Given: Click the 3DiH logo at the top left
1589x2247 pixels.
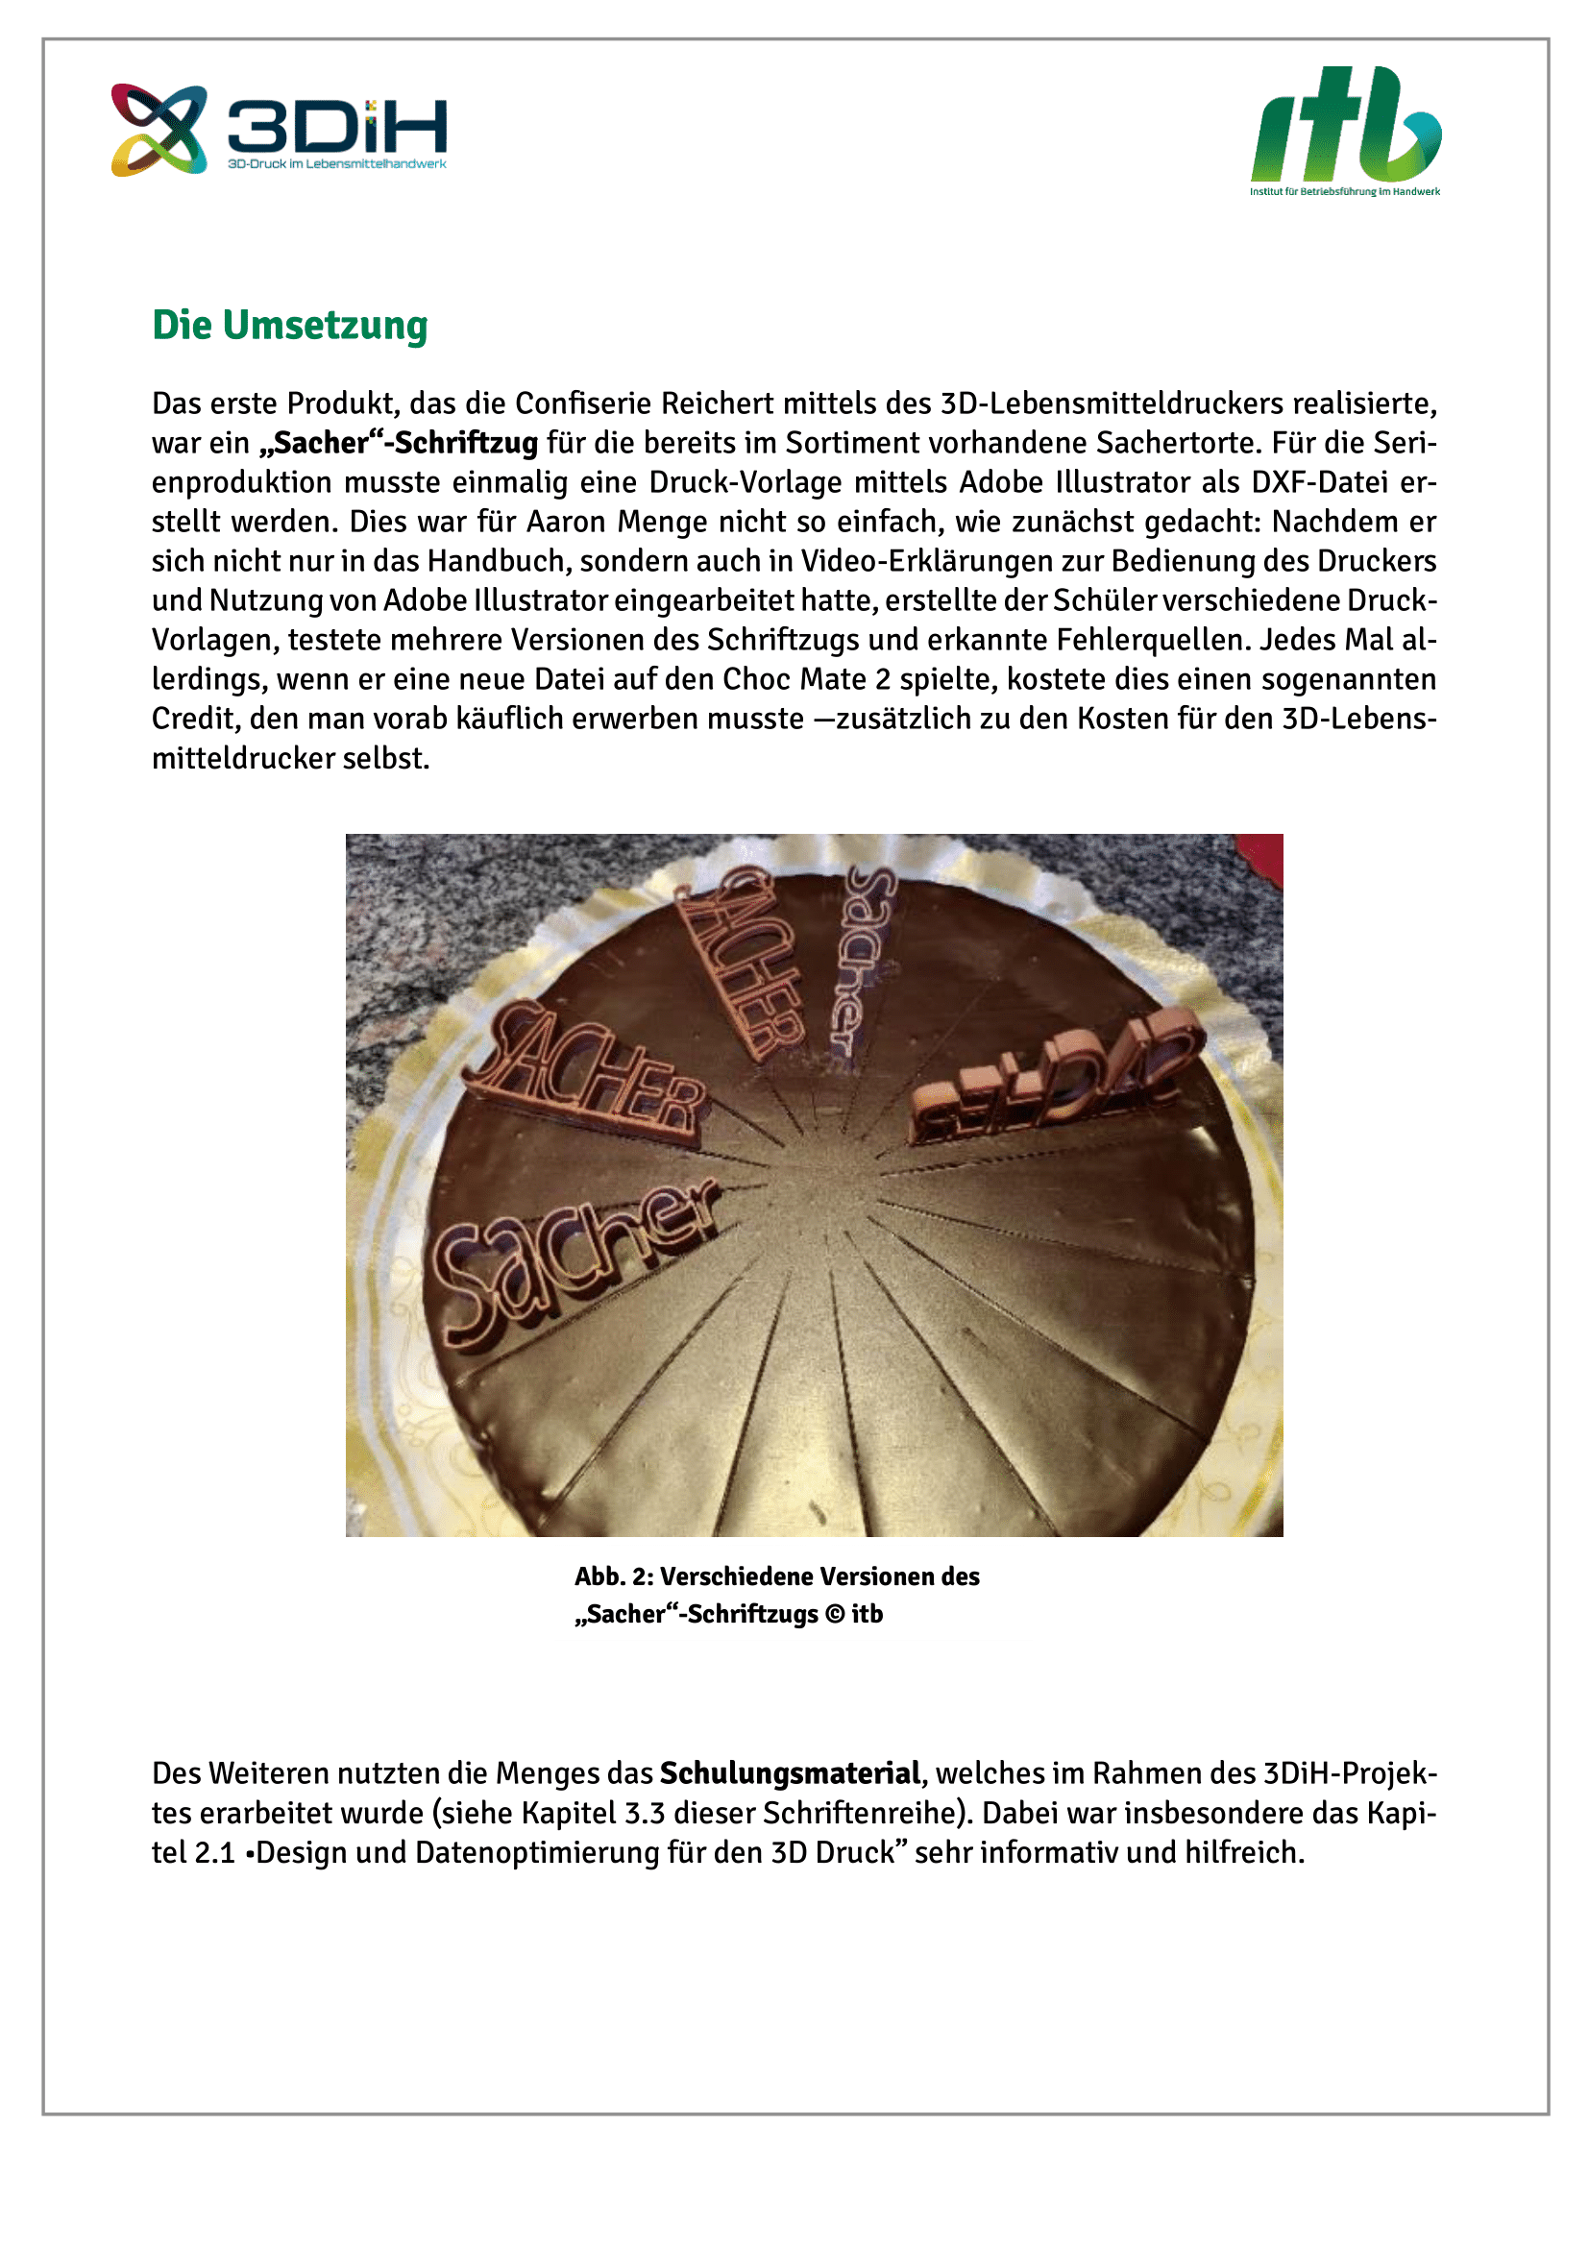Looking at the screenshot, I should click(x=279, y=130).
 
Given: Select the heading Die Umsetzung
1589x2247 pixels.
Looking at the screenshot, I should click(x=289, y=326).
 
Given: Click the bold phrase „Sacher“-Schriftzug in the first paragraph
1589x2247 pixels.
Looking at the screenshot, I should click(x=399, y=443).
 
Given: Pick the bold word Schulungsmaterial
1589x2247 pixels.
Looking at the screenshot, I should click(x=790, y=1773).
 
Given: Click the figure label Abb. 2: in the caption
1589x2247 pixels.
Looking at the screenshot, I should click(x=614, y=1576).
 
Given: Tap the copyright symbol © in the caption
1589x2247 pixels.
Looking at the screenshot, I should click(x=835, y=1614).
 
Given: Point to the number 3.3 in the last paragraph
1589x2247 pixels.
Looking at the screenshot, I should click(x=644, y=1813).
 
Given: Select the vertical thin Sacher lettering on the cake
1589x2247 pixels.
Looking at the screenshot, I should click(x=861, y=959).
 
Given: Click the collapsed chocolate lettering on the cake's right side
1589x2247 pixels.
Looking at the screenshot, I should click(x=1057, y=1077).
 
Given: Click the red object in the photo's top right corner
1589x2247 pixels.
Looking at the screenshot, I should click(x=1262, y=856).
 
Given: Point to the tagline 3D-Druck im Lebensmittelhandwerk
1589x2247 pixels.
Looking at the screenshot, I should click(x=336, y=163).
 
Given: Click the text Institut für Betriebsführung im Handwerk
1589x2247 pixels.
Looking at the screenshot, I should click(x=1344, y=192).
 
